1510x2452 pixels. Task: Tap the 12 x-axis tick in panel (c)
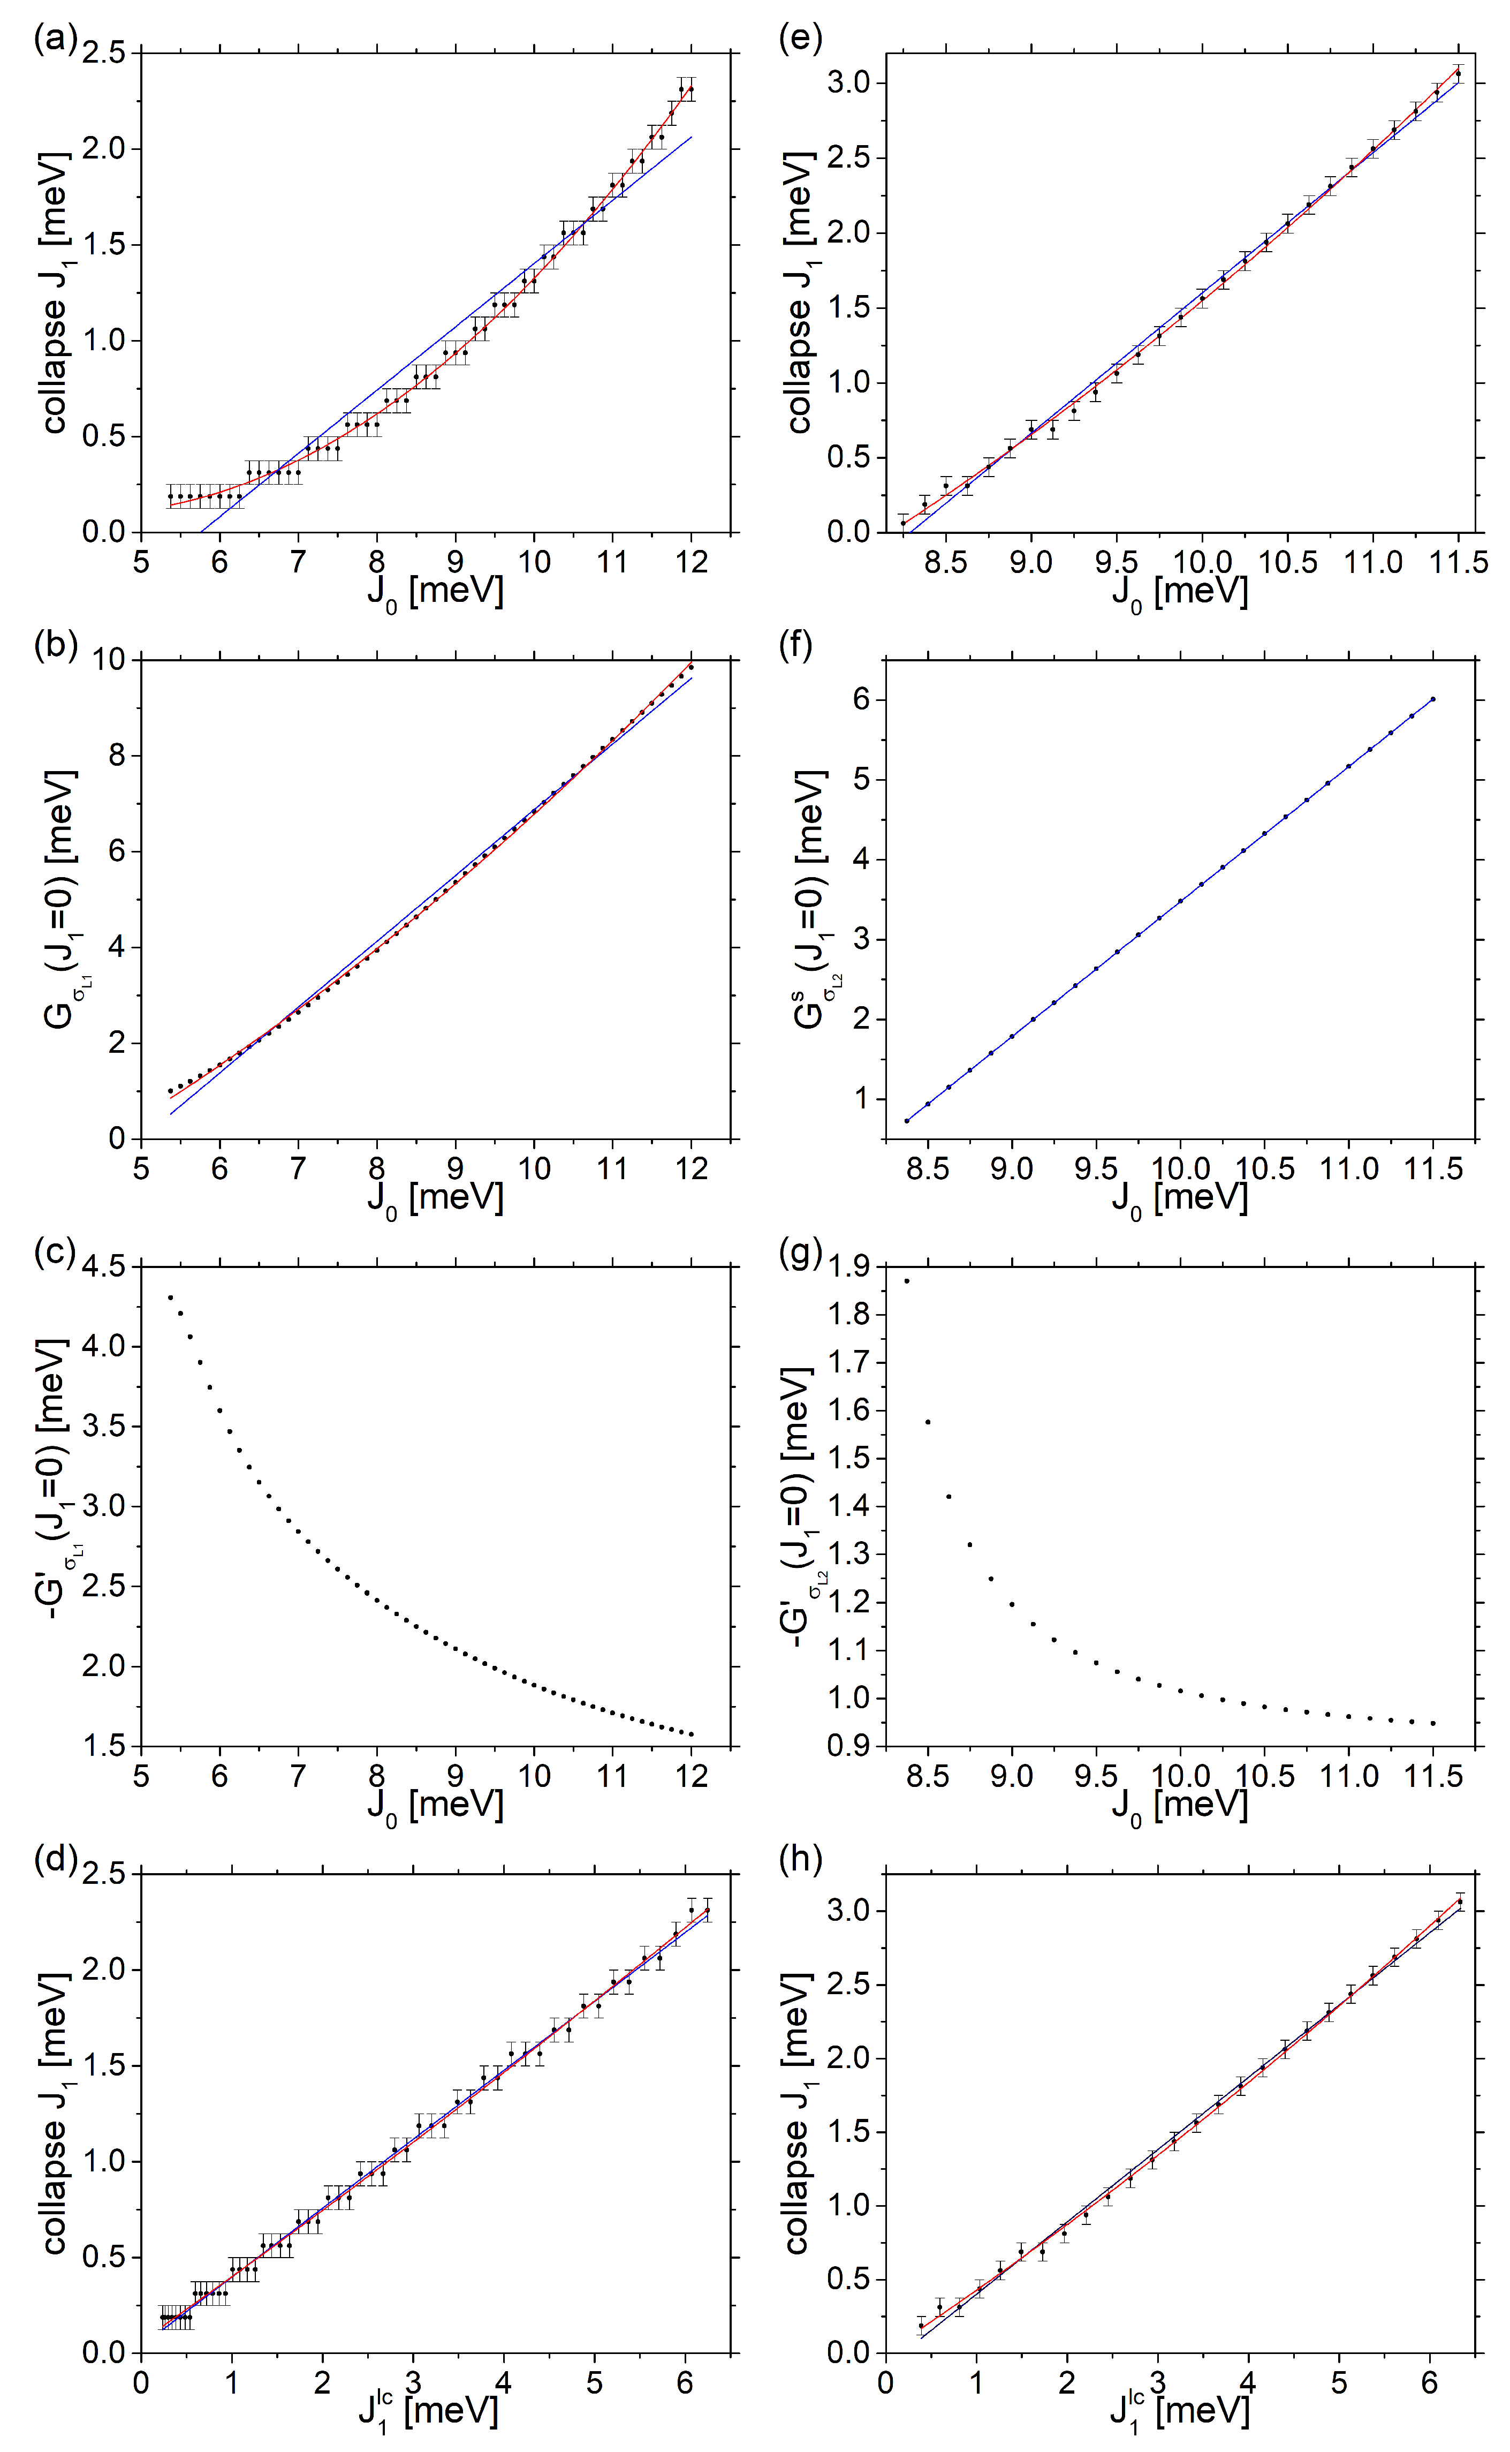[691, 1776]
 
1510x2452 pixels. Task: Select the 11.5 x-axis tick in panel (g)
[1433, 1776]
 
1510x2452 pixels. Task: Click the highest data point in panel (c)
[170, 1297]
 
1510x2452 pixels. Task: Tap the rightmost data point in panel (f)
[1433, 699]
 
